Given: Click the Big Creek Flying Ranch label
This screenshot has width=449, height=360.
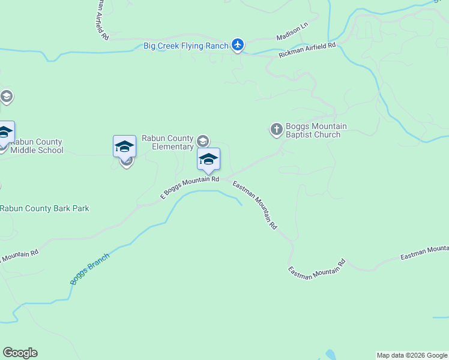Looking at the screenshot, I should point(185,46).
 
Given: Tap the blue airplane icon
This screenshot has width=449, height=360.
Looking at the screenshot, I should point(238,45).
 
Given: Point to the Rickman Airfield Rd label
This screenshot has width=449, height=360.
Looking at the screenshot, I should point(307,50).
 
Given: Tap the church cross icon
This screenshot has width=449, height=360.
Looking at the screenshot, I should point(276,129).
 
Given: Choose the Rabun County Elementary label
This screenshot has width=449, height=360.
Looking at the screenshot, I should point(168,142).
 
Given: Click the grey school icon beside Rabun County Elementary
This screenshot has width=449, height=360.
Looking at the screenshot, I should point(203,141).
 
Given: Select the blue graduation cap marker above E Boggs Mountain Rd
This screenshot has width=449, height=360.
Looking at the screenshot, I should point(208,159).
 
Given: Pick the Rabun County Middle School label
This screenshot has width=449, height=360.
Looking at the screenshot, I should point(37,146).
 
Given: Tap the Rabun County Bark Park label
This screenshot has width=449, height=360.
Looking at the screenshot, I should point(45,208).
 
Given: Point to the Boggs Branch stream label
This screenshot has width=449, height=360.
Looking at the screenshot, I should point(90,269).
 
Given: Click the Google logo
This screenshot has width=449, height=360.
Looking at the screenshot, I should point(20,353).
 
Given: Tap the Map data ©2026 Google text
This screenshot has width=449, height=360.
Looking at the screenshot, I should point(412,355).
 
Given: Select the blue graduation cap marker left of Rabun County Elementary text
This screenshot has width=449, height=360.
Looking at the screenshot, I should point(124,146).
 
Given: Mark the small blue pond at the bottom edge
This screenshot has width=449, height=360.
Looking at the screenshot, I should point(329,355).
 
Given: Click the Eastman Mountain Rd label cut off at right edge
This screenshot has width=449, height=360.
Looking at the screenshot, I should point(424,252).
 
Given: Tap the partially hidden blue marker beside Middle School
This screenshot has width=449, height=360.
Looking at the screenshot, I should point(5,133).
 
